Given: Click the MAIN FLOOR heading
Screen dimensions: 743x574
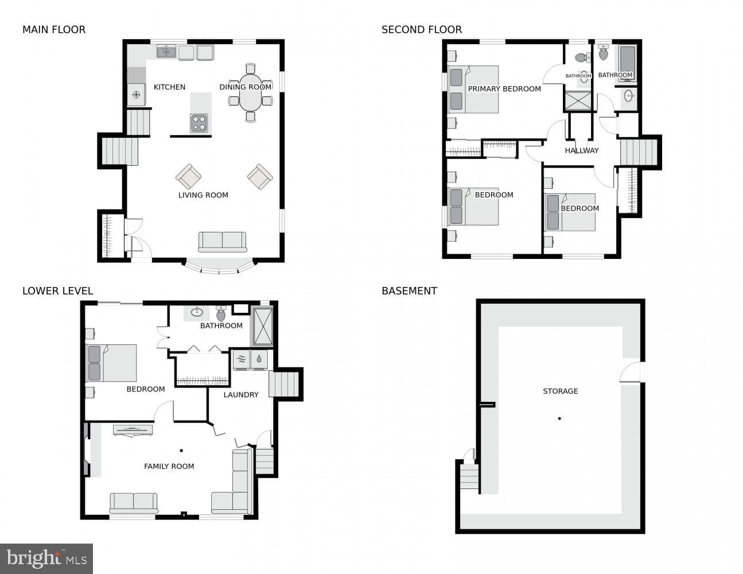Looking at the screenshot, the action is [x=54, y=30].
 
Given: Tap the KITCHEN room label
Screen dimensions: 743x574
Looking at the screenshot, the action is [x=170, y=87].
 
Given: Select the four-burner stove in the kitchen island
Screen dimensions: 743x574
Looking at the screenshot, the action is [x=199, y=123].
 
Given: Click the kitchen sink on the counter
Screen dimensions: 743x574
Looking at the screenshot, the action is [x=166, y=52].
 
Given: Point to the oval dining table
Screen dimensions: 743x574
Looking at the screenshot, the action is [x=251, y=92].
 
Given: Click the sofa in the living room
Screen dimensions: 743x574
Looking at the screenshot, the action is [x=223, y=242].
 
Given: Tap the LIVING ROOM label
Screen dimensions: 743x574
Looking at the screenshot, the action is [x=203, y=195].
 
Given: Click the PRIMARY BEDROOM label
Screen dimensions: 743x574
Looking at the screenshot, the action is [x=504, y=89].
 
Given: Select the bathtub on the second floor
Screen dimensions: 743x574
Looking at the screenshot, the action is [x=628, y=63].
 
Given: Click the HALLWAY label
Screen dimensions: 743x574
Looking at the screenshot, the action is [x=582, y=150].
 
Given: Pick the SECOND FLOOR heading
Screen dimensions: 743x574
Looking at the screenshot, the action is [x=422, y=30].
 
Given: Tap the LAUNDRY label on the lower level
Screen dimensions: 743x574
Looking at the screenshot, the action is [x=241, y=395].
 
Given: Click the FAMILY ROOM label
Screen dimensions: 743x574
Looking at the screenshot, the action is [x=169, y=466].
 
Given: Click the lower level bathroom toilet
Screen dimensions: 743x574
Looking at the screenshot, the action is [x=221, y=313].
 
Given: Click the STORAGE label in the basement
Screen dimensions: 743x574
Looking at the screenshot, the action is [x=561, y=391].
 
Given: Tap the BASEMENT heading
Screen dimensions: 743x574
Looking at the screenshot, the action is [x=409, y=291].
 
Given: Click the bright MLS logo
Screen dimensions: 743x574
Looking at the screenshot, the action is [x=46, y=559].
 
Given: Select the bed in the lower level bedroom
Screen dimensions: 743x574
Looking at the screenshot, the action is [x=112, y=363].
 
